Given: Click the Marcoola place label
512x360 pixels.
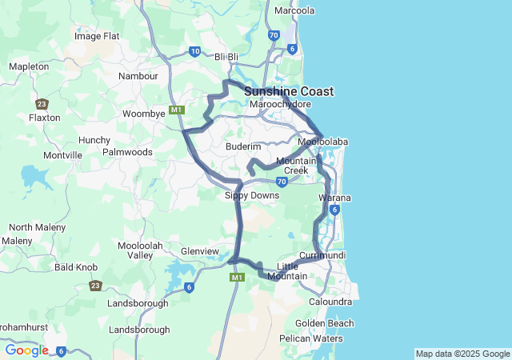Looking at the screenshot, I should pyautogui.click(x=294, y=11).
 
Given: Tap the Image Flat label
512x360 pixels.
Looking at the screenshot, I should pyautogui.click(x=97, y=36).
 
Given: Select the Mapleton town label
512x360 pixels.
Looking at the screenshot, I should pyautogui.click(x=28, y=66).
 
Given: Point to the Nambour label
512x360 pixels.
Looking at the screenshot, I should pyautogui.click(x=138, y=76).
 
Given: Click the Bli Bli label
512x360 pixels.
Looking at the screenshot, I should pyautogui.click(x=227, y=57).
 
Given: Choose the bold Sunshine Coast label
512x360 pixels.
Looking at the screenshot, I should pyautogui.click(x=289, y=91).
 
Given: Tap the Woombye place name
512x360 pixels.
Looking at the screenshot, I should pyautogui.click(x=143, y=114).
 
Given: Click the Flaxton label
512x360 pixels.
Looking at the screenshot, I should pyautogui.click(x=44, y=118).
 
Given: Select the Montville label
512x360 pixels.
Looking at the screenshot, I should pyautogui.click(x=62, y=155).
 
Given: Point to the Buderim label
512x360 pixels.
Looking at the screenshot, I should pyautogui.click(x=244, y=147).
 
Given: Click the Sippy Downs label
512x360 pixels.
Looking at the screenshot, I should pyautogui.click(x=252, y=195).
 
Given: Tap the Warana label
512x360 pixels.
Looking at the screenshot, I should pyautogui.click(x=335, y=198).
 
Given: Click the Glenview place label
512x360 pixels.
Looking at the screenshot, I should pyautogui.click(x=200, y=251).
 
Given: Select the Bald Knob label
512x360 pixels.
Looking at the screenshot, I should pyautogui.click(x=76, y=267).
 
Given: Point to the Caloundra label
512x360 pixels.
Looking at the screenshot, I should pyautogui.click(x=330, y=302).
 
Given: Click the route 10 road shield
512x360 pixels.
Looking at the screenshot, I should pyautogui.click(x=195, y=51).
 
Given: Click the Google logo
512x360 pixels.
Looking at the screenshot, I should pyautogui.click(x=26, y=350).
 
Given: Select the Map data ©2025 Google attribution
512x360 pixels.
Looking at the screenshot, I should pyautogui.click(x=462, y=354).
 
